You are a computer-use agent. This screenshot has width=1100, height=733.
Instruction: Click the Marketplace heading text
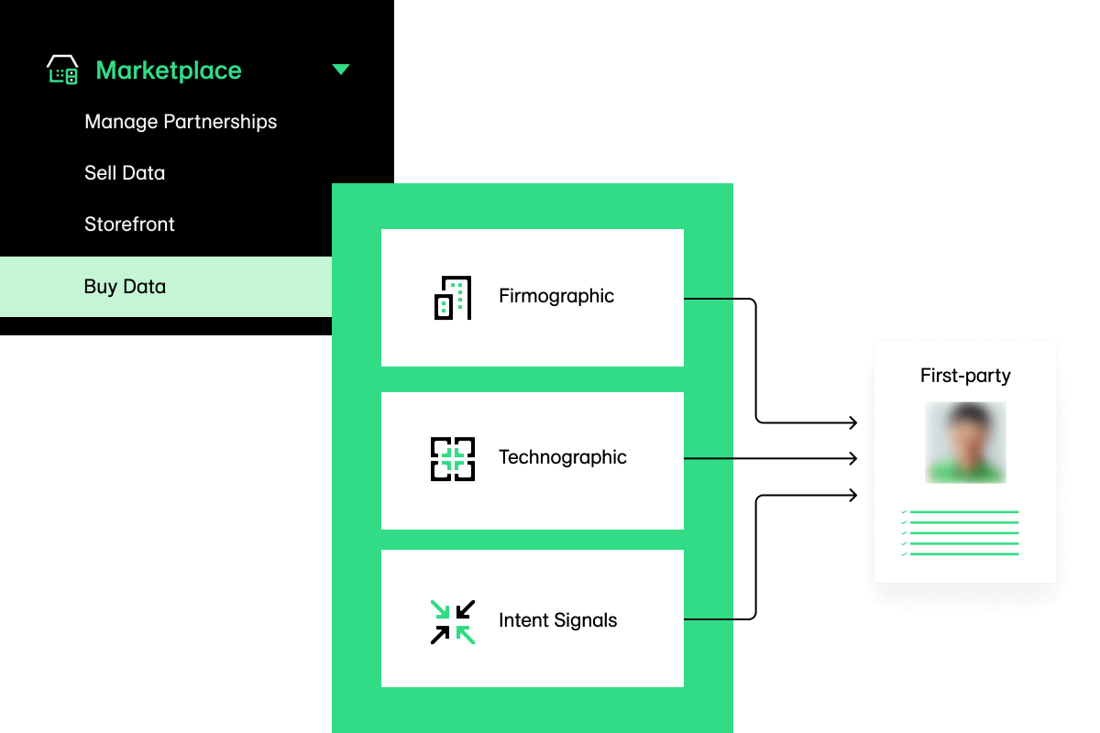[169, 71]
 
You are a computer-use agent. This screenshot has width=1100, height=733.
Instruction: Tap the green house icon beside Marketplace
[62, 70]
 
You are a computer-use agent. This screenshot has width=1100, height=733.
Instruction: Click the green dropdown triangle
[341, 70]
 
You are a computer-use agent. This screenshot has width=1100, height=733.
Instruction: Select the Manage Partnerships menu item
[181, 122]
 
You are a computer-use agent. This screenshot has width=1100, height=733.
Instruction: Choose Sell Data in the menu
[125, 173]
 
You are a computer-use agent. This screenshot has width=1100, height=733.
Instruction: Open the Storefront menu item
[129, 224]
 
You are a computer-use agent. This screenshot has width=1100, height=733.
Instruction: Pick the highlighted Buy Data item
[125, 287]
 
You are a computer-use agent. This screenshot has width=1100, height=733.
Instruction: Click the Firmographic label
[556, 296]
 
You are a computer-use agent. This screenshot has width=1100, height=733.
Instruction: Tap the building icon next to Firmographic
[453, 298]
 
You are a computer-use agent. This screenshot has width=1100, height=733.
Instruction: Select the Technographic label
[563, 457]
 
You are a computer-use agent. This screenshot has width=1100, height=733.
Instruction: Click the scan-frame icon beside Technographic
[453, 459]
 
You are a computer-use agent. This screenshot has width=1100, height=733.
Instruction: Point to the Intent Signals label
[557, 620]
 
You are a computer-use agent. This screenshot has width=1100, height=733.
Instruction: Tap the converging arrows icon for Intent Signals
[453, 622]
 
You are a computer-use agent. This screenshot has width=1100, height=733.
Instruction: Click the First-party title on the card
[965, 376]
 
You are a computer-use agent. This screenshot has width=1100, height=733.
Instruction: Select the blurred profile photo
[965, 443]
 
